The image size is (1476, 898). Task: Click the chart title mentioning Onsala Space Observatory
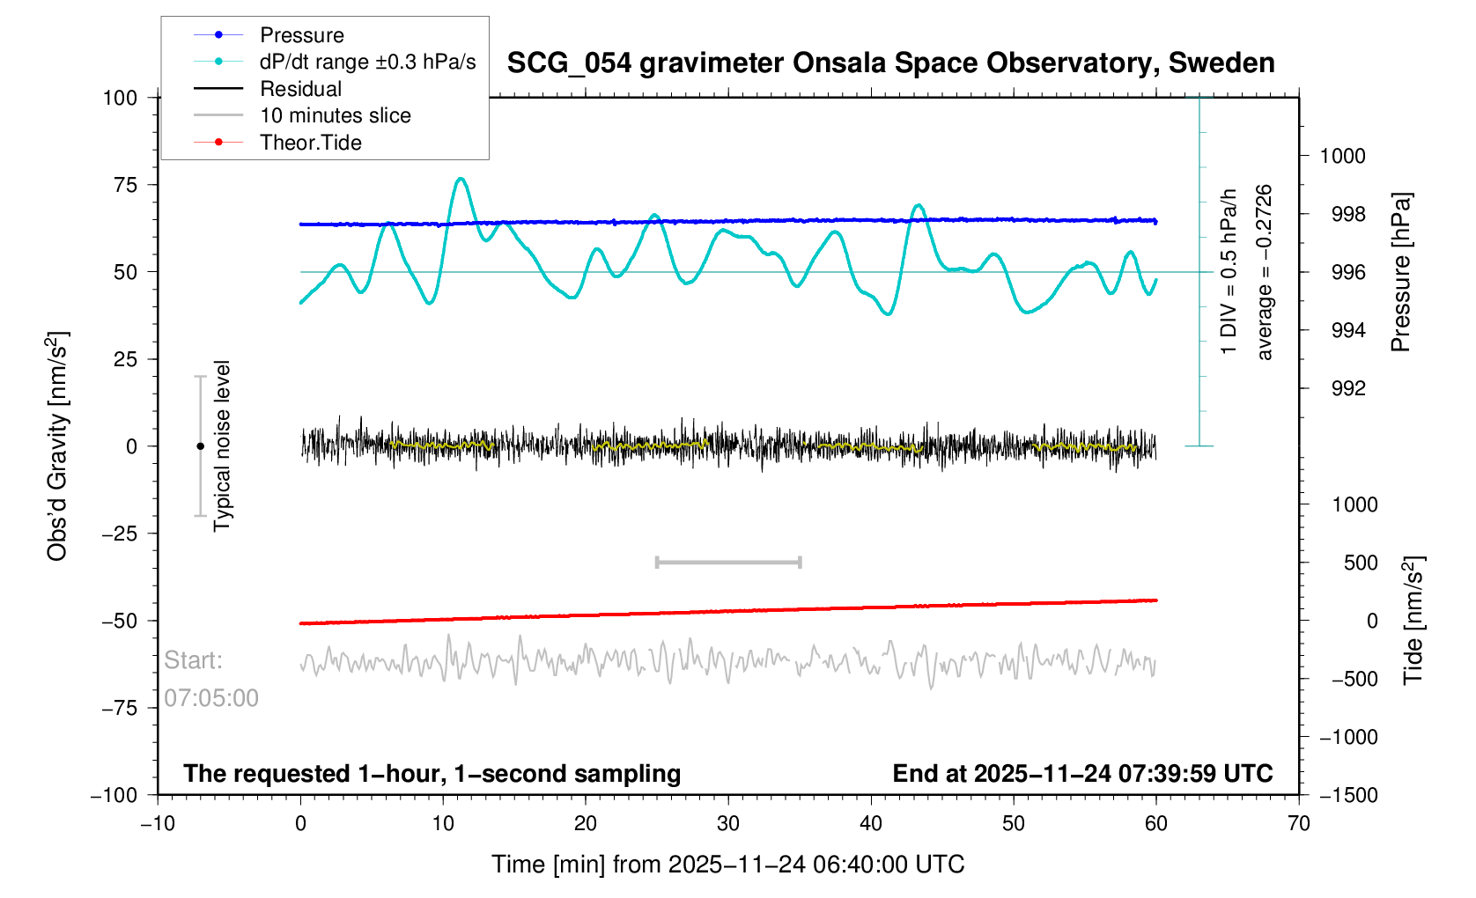click(890, 63)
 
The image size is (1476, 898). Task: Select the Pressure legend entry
click(301, 35)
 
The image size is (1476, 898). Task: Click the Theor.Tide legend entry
click(310, 143)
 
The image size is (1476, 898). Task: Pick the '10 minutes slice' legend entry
click(335, 115)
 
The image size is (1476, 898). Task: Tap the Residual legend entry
click(300, 89)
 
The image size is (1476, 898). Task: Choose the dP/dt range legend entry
click(367, 62)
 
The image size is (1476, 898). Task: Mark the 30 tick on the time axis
click(728, 823)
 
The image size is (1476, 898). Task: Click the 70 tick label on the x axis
click(1298, 823)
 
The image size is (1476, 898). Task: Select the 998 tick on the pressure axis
click(1342, 214)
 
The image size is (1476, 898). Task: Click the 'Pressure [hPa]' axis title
click(1400, 272)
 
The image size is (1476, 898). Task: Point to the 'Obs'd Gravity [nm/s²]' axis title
click(58, 446)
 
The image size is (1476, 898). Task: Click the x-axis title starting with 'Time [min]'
click(727, 865)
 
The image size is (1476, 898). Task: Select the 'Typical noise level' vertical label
click(222, 446)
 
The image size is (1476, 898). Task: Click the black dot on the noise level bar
click(200, 446)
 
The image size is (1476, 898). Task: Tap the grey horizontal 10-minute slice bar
click(728, 562)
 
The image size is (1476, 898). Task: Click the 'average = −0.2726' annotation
click(1265, 272)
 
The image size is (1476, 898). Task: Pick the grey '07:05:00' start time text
click(211, 698)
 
